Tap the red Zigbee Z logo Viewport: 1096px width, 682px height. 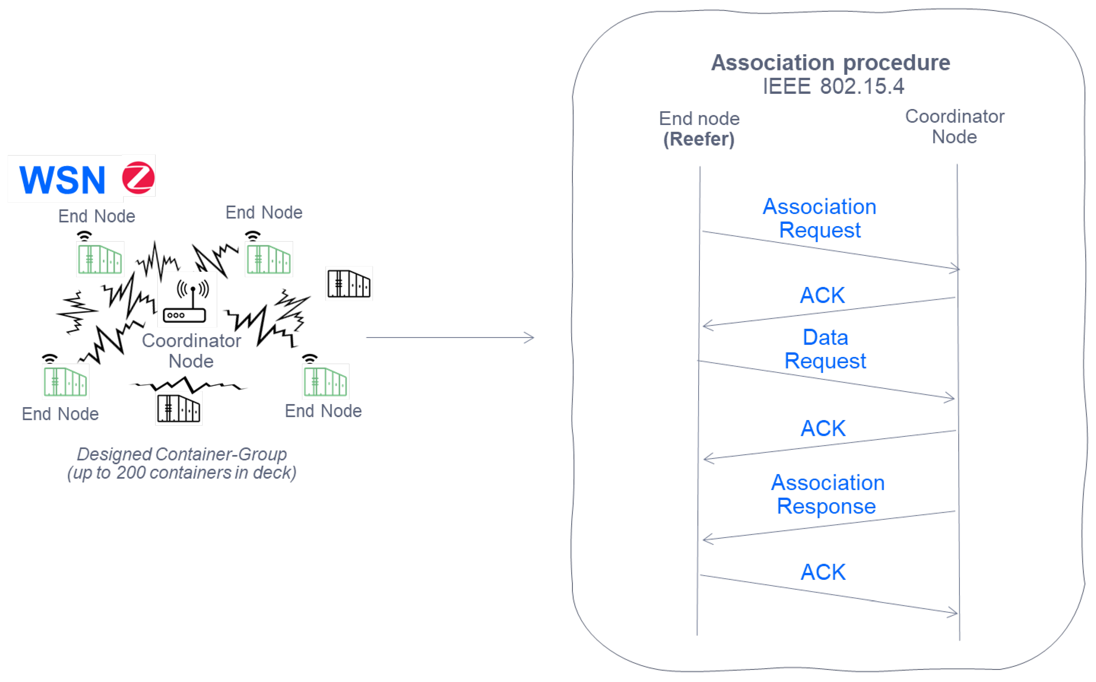pyautogui.click(x=138, y=178)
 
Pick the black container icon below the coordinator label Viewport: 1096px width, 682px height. pyautogui.click(x=179, y=409)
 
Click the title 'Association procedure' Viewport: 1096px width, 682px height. pyautogui.click(x=830, y=63)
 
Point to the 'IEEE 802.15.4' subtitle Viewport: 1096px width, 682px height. pyautogui.click(x=833, y=86)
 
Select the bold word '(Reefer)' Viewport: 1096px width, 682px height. pyautogui.click(x=699, y=139)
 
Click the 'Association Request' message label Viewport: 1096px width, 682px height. pyautogui.click(x=819, y=218)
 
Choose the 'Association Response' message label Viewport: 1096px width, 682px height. pyautogui.click(x=827, y=494)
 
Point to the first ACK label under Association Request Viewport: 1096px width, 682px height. pyautogui.click(x=822, y=295)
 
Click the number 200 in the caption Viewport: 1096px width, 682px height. pyautogui.click(x=131, y=473)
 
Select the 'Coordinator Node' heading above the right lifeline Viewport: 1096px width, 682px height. pyautogui.click(x=954, y=126)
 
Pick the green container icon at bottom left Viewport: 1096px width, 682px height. pyautogui.click(x=65, y=382)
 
